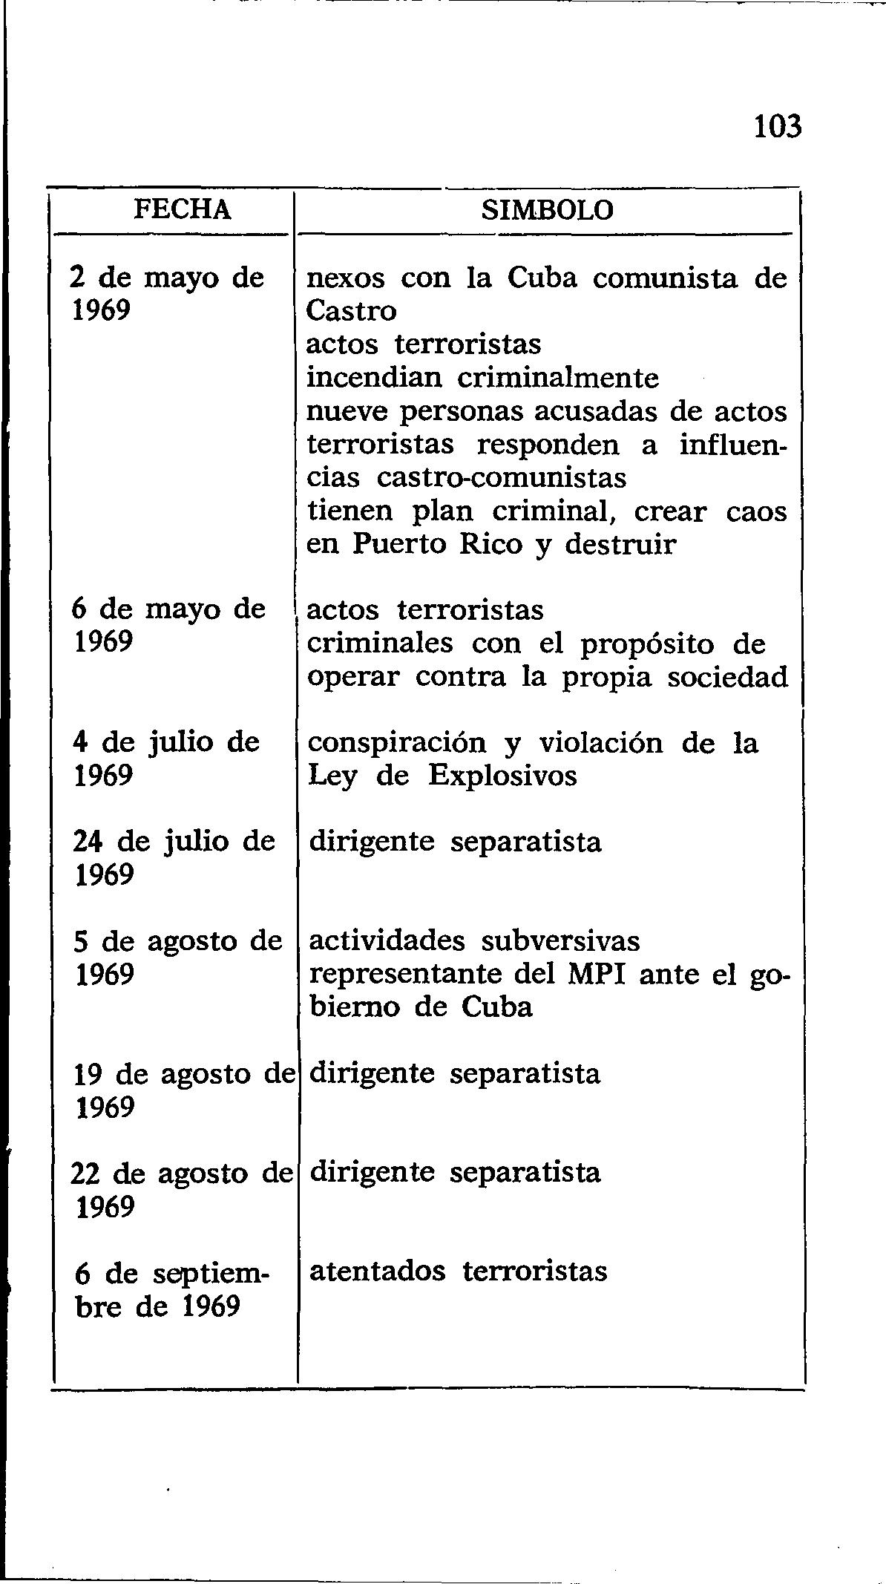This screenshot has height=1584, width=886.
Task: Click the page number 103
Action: pos(778,128)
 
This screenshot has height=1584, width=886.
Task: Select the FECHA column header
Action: pos(183,210)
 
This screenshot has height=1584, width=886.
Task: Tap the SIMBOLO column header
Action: pos(548,210)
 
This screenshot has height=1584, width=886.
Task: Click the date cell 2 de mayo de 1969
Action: pos(167,294)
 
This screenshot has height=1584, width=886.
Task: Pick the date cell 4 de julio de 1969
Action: pos(166,759)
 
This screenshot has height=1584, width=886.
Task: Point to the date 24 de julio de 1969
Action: pos(174,858)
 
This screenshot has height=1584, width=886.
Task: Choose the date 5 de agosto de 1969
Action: pos(178,958)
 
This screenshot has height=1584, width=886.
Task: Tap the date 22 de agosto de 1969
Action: pos(182,1190)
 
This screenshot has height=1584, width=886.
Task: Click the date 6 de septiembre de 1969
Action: pos(171,1290)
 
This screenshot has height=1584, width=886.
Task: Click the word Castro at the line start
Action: pos(351,311)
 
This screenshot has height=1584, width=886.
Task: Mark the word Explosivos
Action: pos(502,776)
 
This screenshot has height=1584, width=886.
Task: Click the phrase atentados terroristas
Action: pos(458,1272)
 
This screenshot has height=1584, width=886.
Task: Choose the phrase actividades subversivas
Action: pos(474,940)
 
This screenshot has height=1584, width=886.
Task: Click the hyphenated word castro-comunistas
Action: pos(502,477)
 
